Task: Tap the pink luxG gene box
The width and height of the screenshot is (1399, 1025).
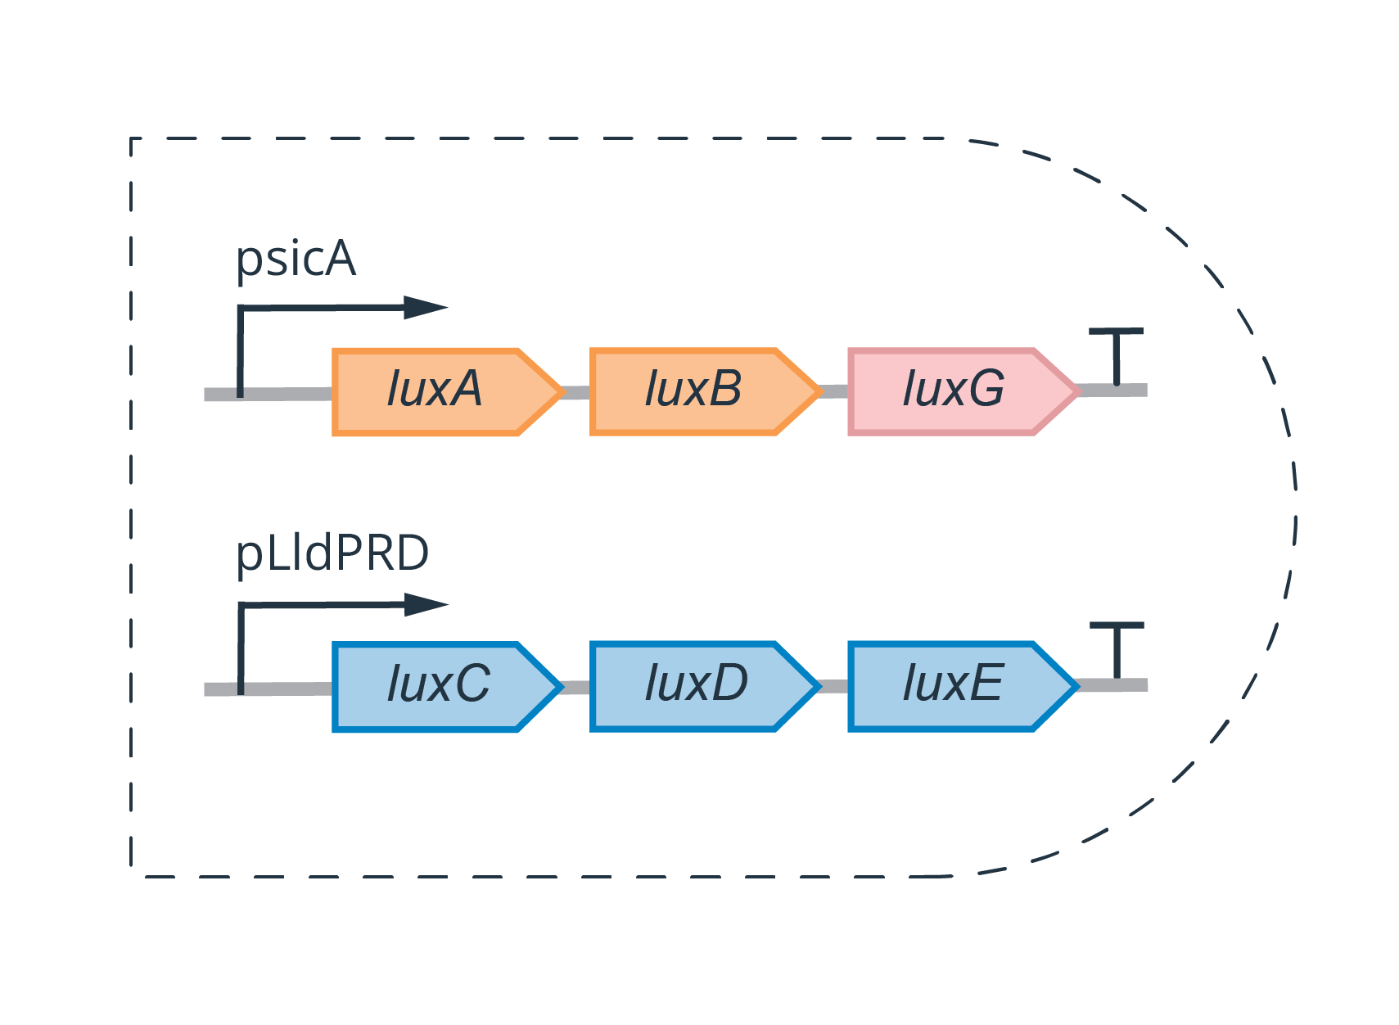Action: pyautogui.click(x=954, y=391)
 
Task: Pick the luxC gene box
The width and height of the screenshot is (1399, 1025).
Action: pyautogui.click(x=438, y=686)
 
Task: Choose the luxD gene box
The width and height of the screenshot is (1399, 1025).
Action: pyautogui.click(x=696, y=686)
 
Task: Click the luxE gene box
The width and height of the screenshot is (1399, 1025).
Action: pyautogui.click(x=954, y=686)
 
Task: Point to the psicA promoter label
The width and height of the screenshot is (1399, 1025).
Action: pyautogui.click(x=296, y=260)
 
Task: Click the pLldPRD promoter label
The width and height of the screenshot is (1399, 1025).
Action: pyautogui.click(x=332, y=553)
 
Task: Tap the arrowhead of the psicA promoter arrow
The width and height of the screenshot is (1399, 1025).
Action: pyautogui.click(x=426, y=308)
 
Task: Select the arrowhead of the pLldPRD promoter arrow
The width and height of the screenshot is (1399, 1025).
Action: pyautogui.click(x=426, y=605)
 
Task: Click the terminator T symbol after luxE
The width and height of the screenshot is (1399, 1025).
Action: pyautogui.click(x=1117, y=648)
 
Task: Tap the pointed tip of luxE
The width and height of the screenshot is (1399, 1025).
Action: pyautogui.click(x=1075, y=686)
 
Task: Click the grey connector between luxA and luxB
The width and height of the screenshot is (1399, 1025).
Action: pyautogui.click(x=577, y=393)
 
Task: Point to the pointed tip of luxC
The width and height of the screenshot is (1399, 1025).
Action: pyautogui.click(x=560, y=686)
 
